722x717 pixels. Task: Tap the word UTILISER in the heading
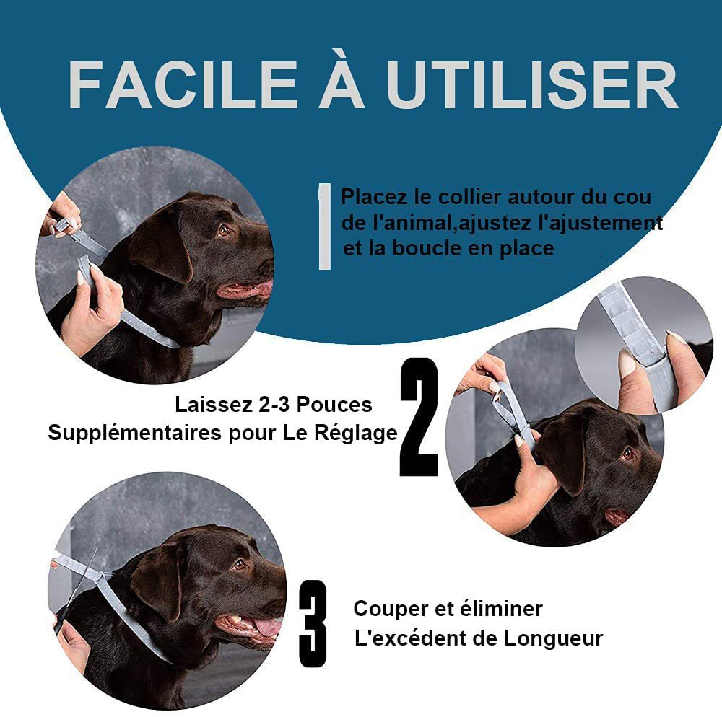[x=531, y=86]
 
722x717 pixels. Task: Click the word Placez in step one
[x=374, y=197]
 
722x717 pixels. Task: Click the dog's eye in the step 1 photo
[x=225, y=230]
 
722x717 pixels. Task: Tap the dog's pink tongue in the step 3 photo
[x=267, y=627]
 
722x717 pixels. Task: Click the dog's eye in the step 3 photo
[x=239, y=565]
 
